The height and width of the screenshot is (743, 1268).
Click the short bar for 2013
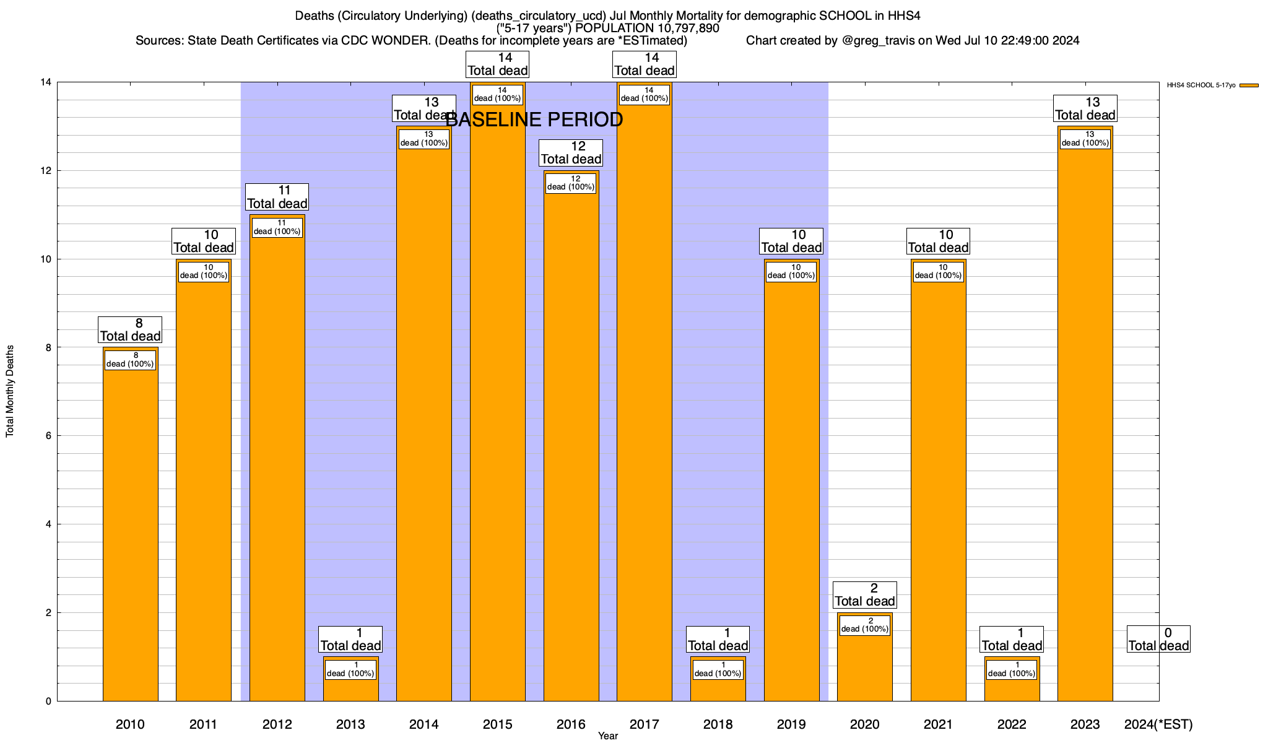click(350, 687)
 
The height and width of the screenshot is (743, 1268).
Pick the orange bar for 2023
click(1085, 433)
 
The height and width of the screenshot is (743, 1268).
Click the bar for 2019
click(791, 495)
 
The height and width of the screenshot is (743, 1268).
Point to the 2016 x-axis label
click(571, 724)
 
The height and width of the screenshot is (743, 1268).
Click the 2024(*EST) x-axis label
click(1158, 724)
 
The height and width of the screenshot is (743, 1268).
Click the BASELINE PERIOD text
click(534, 119)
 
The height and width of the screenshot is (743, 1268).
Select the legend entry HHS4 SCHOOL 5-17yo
click(1201, 85)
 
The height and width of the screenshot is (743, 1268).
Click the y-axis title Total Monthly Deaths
click(10, 391)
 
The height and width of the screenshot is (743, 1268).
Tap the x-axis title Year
click(607, 736)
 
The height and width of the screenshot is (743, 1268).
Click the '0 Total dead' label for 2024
click(1158, 639)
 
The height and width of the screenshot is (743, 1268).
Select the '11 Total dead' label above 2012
click(277, 197)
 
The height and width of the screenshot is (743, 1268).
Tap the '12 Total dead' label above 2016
click(571, 153)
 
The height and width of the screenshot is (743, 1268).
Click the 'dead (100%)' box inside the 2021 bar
click(938, 272)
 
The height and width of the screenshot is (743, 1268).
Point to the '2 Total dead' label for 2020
click(864, 595)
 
